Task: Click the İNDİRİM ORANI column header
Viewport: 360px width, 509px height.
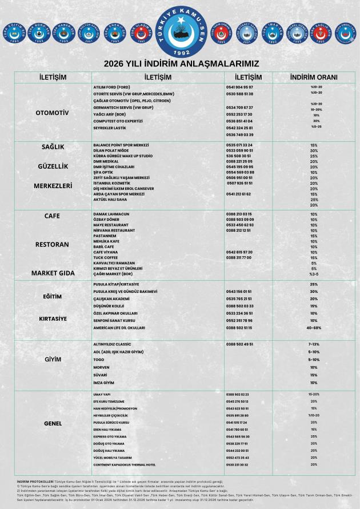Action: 314,77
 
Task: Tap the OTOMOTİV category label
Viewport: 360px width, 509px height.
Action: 52,113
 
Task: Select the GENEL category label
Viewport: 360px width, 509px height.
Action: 53,424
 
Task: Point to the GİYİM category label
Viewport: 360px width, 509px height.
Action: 53,360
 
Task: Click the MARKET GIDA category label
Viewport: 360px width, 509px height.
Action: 53,273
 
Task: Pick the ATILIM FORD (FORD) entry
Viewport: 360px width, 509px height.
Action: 111,87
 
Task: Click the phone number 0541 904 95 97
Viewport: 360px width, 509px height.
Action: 239,87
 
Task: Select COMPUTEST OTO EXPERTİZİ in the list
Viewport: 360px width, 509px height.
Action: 118,121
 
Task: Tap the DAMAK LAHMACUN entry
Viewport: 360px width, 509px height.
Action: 111,214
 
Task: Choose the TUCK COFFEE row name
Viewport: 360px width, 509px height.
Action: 106,257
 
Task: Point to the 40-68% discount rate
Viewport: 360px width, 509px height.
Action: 314,328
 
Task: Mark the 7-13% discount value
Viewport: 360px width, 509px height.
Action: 314,344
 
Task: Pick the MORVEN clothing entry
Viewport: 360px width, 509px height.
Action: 101,367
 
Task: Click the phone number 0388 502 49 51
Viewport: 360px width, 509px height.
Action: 239,344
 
